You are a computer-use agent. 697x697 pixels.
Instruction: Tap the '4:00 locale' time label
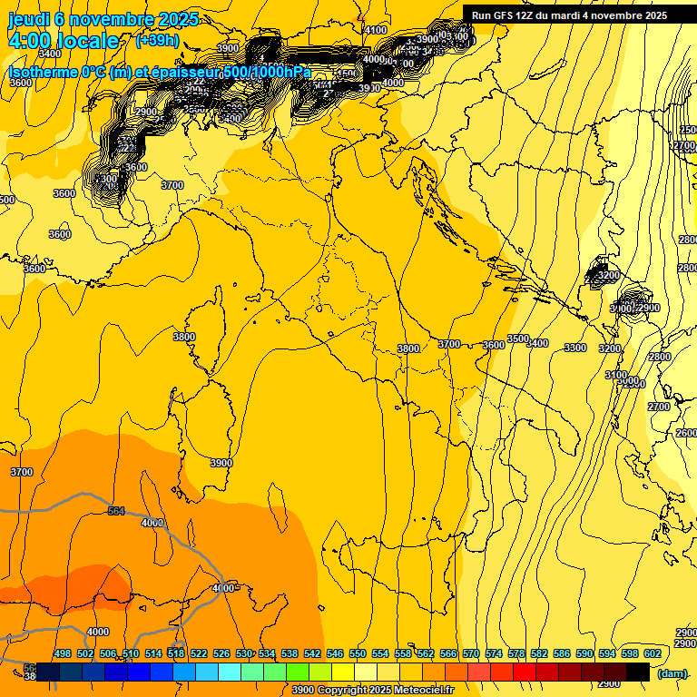click(x=63, y=41)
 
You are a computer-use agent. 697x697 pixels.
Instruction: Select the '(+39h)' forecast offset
click(x=156, y=41)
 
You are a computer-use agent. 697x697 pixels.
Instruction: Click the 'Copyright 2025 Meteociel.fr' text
click(x=391, y=690)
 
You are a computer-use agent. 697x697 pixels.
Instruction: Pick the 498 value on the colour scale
click(x=63, y=653)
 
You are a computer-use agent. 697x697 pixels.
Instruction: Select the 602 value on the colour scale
click(x=652, y=653)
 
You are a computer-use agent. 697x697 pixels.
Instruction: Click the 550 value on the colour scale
click(x=358, y=653)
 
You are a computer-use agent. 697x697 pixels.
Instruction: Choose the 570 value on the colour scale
click(x=471, y=653)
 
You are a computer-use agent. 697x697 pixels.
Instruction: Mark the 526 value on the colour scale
click(x=221, y=653)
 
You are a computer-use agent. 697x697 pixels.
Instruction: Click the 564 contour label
click(x=116, y=511)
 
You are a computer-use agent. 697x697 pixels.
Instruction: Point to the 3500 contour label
click(x=517, y=339)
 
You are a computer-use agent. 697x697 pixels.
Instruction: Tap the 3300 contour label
click(x=574, y=348)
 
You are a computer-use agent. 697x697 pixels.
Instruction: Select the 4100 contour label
click(x=375, y=30)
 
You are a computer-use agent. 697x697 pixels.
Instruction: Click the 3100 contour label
click(x=615, y=375)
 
